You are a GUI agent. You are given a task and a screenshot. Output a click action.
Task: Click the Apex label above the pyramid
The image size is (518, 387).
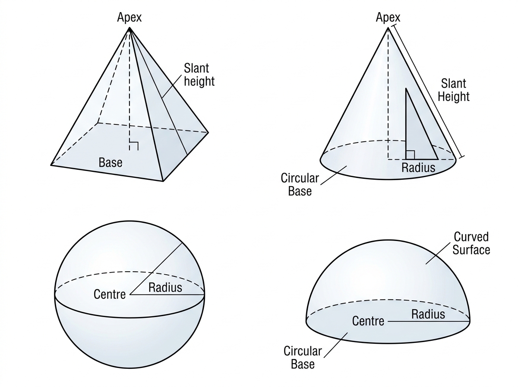click(x=129, y=17)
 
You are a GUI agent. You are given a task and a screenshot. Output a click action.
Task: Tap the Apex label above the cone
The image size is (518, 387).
click(x=388, y=17)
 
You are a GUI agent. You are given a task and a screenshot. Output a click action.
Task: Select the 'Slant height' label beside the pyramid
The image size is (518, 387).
click(x=199, y=75)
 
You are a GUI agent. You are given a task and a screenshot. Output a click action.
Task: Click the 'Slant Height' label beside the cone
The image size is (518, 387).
click(x=454, y=90)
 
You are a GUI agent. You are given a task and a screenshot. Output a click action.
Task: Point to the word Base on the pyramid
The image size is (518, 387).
click(x=111, y=162)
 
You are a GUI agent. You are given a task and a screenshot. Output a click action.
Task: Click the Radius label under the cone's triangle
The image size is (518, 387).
click(x=418, y=168)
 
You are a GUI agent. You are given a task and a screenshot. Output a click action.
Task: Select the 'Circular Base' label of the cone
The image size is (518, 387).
click(x=300, y=184)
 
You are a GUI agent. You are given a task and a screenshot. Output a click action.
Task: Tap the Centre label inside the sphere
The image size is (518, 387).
click(x=110, y=295)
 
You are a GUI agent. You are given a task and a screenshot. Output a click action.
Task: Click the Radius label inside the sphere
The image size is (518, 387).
click(x=165, y=288)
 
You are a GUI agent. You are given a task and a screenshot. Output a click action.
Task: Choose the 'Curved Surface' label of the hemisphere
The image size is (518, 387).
click(x=471, y=243)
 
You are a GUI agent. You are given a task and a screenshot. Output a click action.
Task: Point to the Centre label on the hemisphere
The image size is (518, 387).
click(x=368, y=321)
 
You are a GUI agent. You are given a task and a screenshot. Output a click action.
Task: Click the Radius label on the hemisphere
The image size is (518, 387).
click(x=428, y=314)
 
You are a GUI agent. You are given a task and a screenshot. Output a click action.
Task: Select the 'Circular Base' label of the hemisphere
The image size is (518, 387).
click(x=303, y=358)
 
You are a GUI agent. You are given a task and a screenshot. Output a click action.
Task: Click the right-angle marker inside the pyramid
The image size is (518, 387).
click(x=134, y=146)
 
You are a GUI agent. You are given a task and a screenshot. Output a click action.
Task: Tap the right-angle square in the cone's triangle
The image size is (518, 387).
click(x=410, y=155)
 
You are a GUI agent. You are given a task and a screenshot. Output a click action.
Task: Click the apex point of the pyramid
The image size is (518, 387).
click(x=129, y=28)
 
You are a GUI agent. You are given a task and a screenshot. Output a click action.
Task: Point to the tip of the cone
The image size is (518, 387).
click(x=388, y=28)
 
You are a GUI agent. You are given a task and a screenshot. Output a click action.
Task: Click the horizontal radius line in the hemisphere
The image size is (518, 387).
click(x=429, y=321)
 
